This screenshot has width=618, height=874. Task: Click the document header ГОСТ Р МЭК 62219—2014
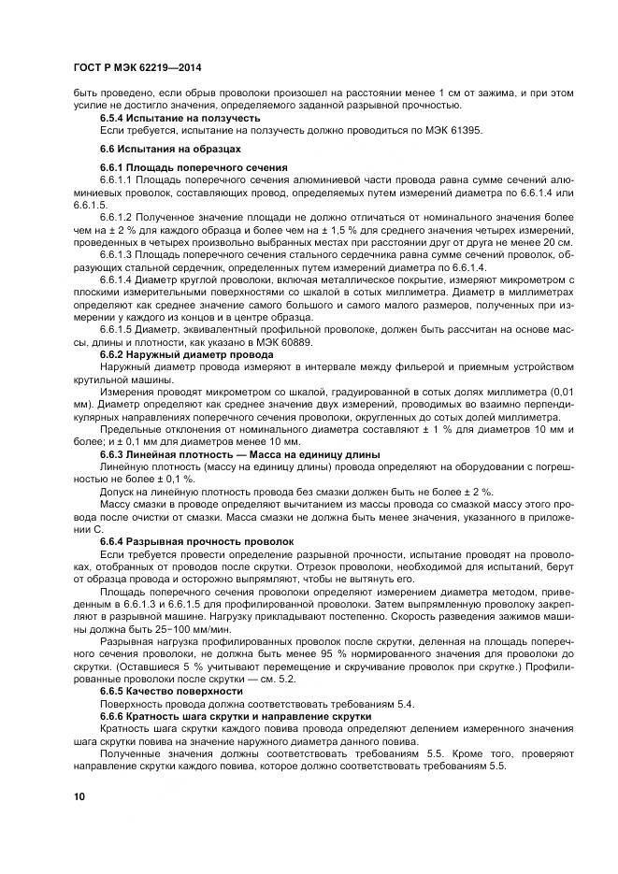click(x=137, y=69)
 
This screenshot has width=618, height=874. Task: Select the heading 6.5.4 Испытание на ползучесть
click(x=180, y=119)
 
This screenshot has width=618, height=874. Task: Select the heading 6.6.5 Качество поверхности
click(x=171, y=690)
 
